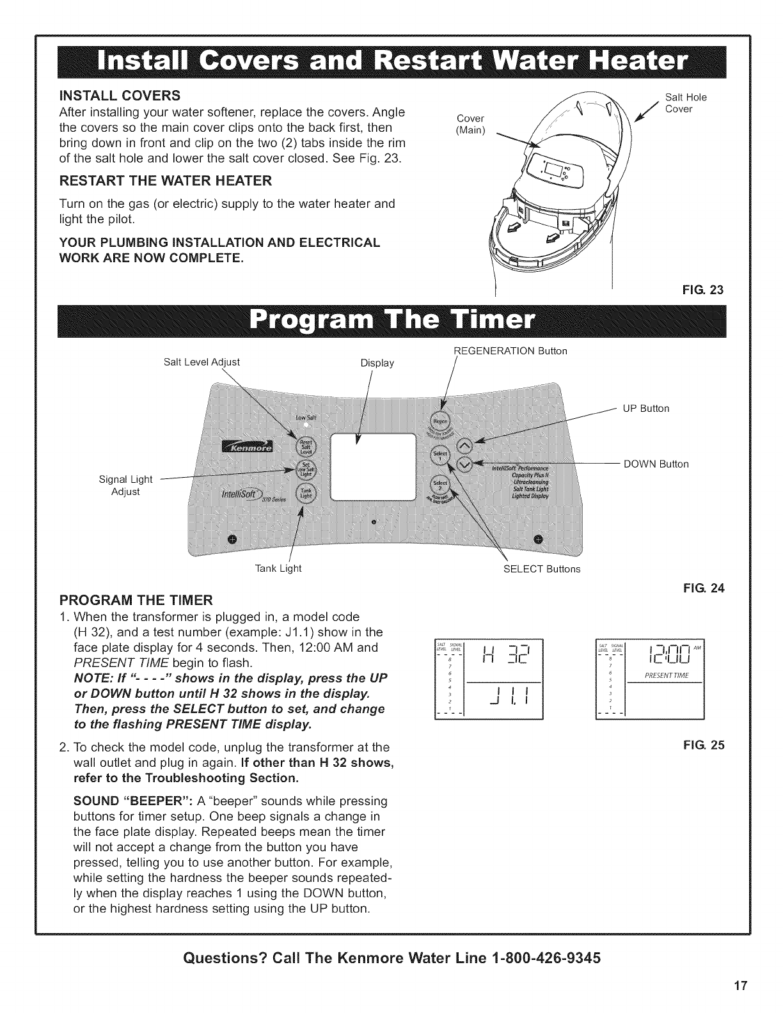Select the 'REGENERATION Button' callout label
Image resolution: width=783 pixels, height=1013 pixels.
coord(510,350)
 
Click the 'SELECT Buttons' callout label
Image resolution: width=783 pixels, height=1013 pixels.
coord(542,569)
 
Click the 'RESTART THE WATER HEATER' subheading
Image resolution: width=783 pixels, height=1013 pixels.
coord(166,181)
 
